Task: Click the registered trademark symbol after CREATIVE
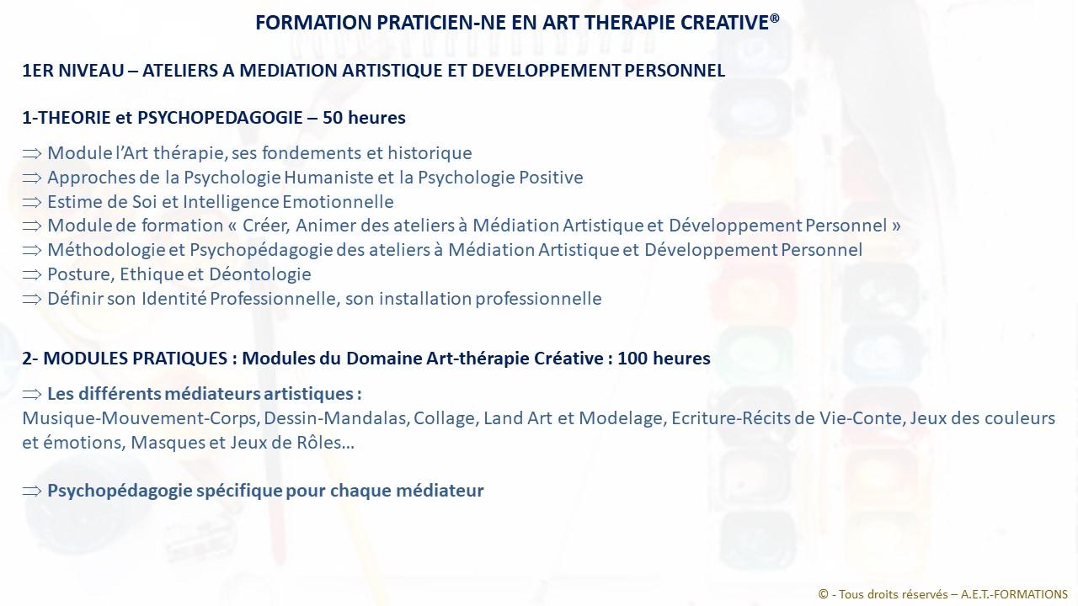coord(774,19)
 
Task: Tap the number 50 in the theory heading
coord(333,117)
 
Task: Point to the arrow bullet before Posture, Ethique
coord(32,274)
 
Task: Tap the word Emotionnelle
coord(338,201)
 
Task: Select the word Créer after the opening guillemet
coord(265,226)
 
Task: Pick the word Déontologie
coord(260,274)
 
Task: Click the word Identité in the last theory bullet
coord(173,299)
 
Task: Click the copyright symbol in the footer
coord(824,594)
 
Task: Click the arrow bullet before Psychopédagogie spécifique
coord(32,491)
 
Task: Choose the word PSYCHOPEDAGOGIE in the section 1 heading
coord(220,117)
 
